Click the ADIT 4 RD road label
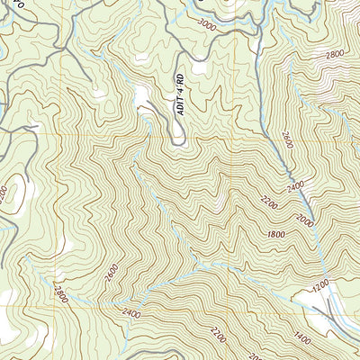pyautogui.click(x=179, y=94)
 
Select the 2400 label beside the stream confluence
pyautogui.click(x=134, y=312)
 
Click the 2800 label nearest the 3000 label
pyautogui.click(x=335, y=55)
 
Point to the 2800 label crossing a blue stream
pyautogui.click(x=61, y=293)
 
